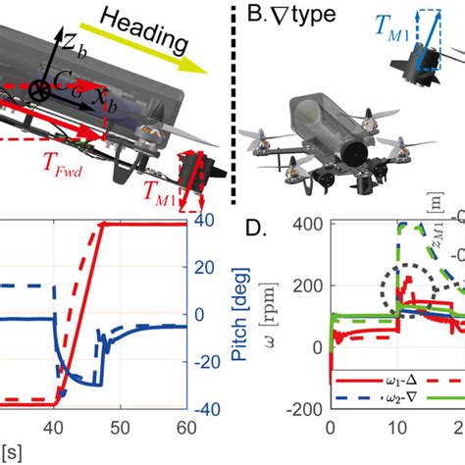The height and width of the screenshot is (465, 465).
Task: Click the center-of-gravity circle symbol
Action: (x=42, y=90)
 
